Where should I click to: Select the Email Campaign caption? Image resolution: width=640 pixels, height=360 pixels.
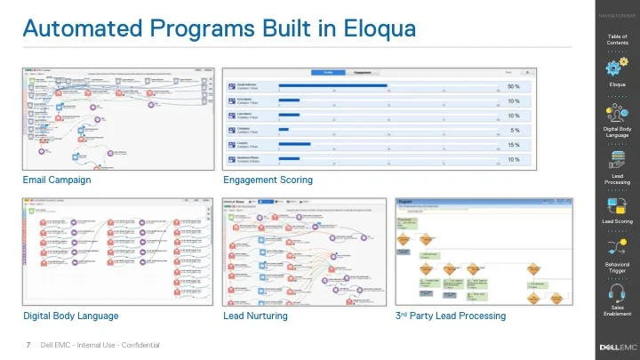[57, 180]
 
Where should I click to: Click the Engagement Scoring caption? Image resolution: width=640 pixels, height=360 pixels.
[268, 180]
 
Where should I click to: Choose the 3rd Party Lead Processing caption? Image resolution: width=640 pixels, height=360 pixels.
[451, 316]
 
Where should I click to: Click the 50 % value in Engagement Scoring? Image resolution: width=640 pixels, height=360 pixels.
[513, 86]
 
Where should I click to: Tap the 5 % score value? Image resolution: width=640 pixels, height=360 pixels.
[515, 130]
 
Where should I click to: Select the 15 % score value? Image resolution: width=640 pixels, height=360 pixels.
[513, 144]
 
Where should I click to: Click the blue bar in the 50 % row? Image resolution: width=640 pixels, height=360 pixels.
[332, 86]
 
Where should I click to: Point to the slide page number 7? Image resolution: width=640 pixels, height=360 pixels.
[29, 345]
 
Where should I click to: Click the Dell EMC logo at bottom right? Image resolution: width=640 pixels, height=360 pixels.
[618, 345]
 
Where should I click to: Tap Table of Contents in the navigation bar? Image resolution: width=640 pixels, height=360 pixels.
[617, 39]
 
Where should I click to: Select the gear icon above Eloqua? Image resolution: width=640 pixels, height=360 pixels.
[617, 68]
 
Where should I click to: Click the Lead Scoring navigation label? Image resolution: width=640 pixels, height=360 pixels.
[617, 220]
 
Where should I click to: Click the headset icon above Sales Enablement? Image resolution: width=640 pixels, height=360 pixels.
[617, 291]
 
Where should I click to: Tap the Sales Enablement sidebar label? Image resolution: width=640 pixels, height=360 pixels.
[617, 311]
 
